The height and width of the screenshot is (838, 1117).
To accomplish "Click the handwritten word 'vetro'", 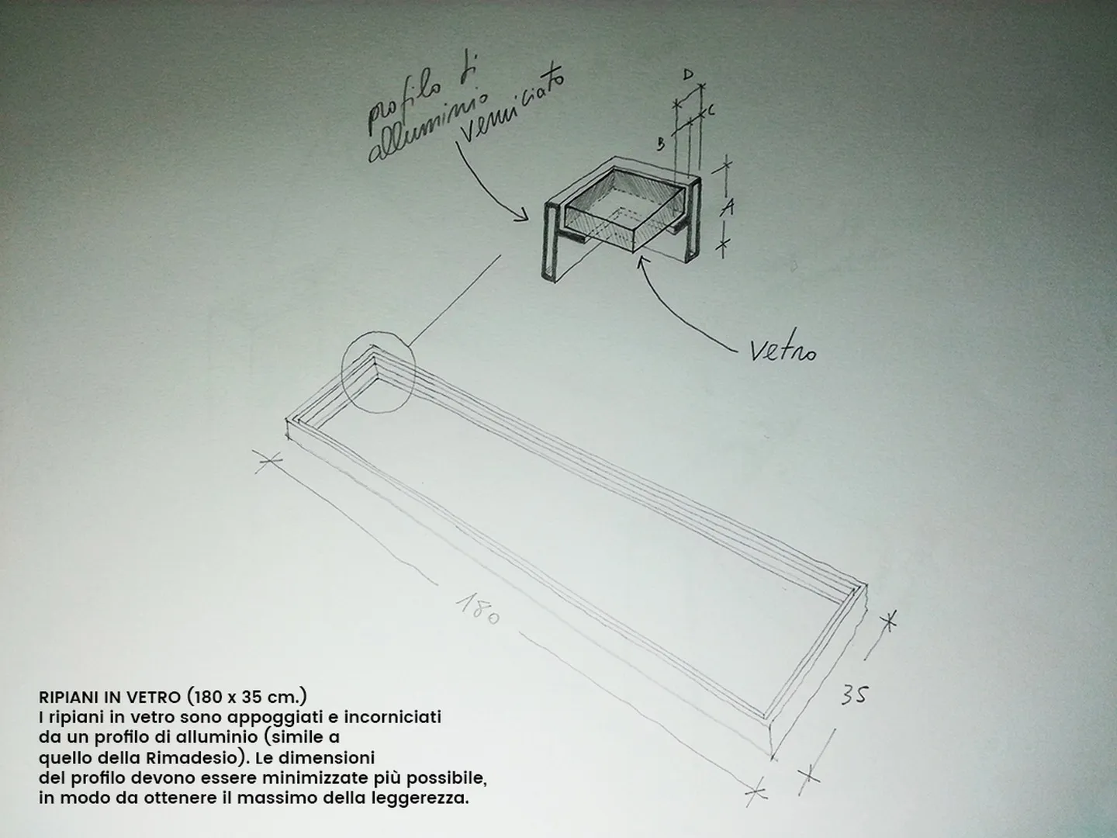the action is (783, 351).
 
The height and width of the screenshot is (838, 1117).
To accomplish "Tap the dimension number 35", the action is (854, 695).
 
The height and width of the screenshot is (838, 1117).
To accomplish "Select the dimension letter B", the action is (661, 144).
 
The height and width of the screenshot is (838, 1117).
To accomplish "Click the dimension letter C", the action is (711, 110).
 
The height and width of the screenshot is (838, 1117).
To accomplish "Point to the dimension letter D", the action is (688, 75).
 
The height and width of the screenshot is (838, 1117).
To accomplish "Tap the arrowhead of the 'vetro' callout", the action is (641, 261).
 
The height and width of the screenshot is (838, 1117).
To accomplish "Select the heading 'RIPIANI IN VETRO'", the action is (109, 697).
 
